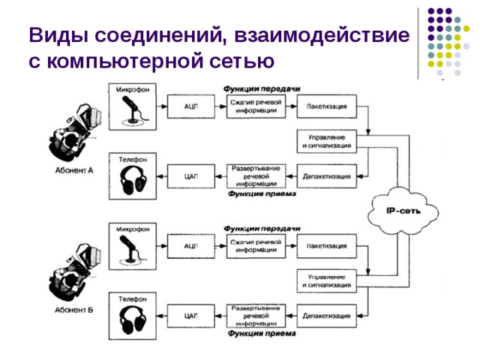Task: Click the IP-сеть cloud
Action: (x=402, y=211)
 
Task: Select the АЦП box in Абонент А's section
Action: (x=190, y=106)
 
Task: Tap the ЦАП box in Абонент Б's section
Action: (x=190, y=316)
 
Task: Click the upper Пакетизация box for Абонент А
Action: (x=326, y=106)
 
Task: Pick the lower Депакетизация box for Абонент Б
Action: (x=326, y=316)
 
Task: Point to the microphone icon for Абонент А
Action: (x=133, y=109)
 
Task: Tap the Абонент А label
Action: (x=73, y=170)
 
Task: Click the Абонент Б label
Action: (x=73, y=309)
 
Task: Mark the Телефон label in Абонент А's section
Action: (x=133, y=158)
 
